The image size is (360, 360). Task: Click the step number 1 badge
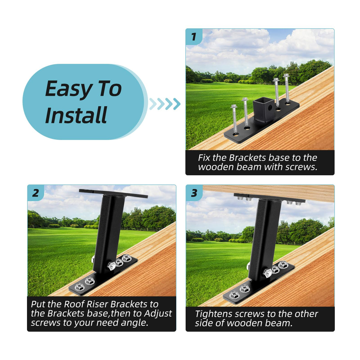pos(194,37)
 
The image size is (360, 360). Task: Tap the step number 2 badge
pos(35,193)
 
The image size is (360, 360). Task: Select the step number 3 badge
pos(194,193)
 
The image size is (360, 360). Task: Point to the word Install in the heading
pos(76,115)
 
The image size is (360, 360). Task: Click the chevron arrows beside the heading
pos(165,104)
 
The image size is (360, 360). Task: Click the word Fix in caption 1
pos(204,157)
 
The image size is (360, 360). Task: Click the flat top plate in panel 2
pos(113,193)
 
